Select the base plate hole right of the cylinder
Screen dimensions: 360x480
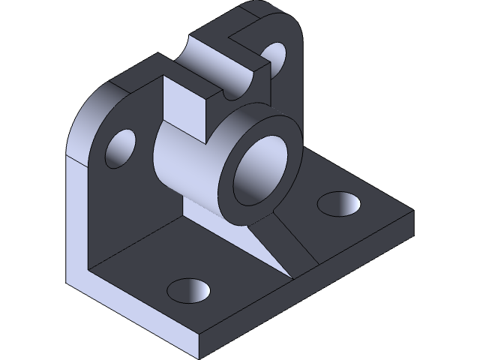(338, 203)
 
